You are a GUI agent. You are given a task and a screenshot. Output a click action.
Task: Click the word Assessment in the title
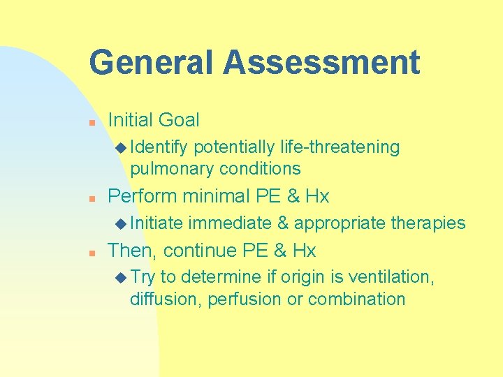(x=322, y=62)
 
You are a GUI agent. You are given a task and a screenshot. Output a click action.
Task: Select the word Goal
(x=179, y=120)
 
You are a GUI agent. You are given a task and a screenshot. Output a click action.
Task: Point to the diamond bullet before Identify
(x=122, y=147)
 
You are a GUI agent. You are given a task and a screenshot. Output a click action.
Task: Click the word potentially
(x=234, y=147)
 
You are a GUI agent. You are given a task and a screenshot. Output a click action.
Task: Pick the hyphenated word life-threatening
(x=340, y=147)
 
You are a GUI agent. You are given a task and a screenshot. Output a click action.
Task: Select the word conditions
(x=260, y=168)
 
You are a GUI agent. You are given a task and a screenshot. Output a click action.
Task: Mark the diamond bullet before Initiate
(x=122, y=223)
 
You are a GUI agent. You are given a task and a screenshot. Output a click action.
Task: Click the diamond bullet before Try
(x=122, y=277)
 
